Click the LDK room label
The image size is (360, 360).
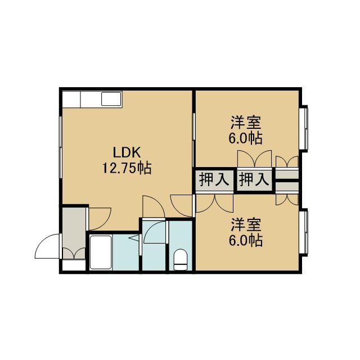tap(127, 152)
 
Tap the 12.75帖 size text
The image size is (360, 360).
tap(127, 168)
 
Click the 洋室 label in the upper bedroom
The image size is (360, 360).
tap(246, 123)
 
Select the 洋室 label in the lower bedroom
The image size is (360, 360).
tap(246, 225)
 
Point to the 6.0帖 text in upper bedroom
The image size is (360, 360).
tap(246, 138)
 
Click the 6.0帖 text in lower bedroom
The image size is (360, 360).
tap(246, 241)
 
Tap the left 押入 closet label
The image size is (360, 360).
tap(214, 179)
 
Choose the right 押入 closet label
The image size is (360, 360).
tap(254, 179)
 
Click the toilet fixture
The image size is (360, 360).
tap(181, 259)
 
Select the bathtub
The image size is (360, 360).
tap(101, 252)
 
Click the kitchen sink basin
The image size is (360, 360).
tap(111, 99)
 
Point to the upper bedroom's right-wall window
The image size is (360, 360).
tap(304, 129)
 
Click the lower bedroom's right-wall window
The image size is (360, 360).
tap(304, 232)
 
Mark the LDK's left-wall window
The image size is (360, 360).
tap(61, 147)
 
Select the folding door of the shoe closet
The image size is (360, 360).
tap(74, 253)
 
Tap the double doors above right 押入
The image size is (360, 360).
tap(254, 159)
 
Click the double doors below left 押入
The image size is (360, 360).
tap(215, 204)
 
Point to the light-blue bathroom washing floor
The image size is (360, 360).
tap(125, 252)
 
